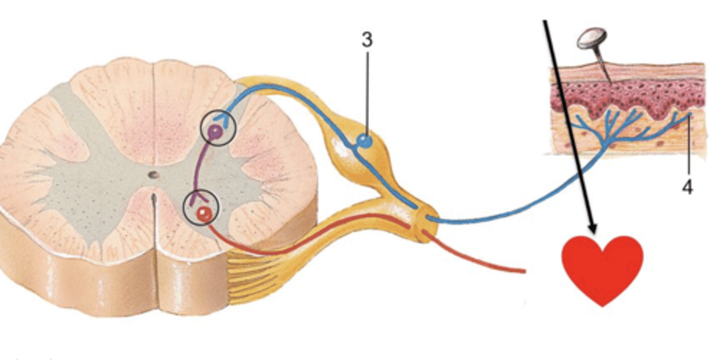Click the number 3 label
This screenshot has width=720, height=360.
(367, 40)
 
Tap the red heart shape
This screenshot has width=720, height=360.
(602, 267)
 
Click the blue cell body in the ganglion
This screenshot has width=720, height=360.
(365, 141)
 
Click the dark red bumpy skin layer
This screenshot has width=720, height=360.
(625, 95)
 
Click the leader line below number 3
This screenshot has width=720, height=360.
(367, 90)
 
